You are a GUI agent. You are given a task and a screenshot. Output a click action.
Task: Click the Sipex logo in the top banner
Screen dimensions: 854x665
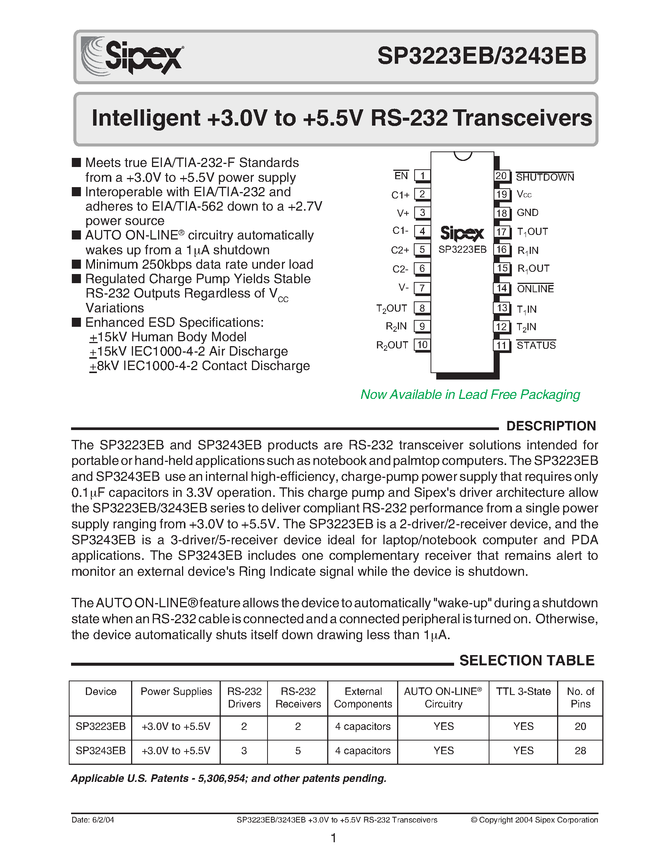pos(132,56)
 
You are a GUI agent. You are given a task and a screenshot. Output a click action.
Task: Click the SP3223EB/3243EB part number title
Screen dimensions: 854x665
pos(482,56)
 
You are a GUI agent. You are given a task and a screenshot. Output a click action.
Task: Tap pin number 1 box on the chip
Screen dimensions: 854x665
pos(422,176)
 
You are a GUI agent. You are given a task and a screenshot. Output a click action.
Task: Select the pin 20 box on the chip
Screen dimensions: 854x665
pos(501,176)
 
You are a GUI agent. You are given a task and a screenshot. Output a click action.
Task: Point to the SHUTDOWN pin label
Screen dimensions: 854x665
pos(545,177)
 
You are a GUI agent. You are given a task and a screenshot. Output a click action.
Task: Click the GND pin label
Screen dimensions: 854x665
pos(527,213)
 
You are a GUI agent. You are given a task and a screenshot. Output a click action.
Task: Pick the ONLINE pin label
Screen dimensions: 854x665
pos(535,288)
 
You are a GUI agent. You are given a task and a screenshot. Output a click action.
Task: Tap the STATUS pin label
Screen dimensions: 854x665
pos(536,345)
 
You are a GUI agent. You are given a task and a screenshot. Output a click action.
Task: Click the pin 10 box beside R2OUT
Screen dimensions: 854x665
pos(422,345)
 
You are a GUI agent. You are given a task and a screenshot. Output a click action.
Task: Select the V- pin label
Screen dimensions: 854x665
pos(404,288)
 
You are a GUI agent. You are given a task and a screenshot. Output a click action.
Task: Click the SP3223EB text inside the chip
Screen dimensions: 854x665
pos(462,249)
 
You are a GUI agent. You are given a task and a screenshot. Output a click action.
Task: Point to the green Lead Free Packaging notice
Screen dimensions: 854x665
pos(470,394)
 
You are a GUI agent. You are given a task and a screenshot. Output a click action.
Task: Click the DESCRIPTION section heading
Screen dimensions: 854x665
pos(551,426)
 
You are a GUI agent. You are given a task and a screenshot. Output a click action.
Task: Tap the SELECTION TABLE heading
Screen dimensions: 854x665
pos(527,660)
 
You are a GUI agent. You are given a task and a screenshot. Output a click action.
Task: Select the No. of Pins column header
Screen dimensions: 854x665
pos(580,698)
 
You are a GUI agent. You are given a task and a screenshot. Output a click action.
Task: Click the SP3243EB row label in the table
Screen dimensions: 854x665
pos(101,750)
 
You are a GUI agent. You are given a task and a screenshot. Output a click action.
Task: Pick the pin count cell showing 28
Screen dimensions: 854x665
pos(580,750)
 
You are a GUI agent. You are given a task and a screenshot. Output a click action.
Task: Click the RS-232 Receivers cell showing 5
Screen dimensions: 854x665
pos(298,750)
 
